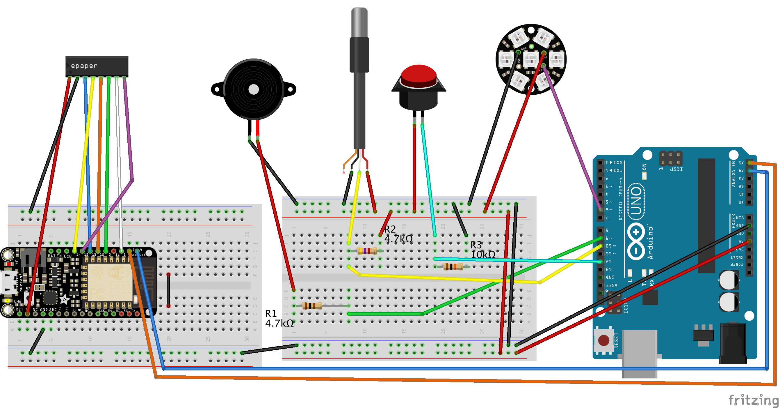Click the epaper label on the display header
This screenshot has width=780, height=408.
pyautogui.click(x=84, y=66)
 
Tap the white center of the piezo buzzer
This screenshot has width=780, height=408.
pyautogui.click(x=253, y=89)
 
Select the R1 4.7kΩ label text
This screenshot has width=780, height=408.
pyautogui.click(x=279, y=318)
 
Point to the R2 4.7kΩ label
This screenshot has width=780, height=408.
pyautogui.click(x=398, y=234)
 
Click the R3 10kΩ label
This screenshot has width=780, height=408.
pyautogui.click(x=483, y=250)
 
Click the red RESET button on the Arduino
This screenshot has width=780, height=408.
pyautogui.click(x=603, y=340)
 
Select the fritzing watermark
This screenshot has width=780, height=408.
pyautogui.click(x=753, y=400)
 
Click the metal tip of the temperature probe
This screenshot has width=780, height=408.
pyautogui.click(x=359, y=23)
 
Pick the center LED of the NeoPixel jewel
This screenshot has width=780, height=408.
pyautogui.click(x=530, y=59)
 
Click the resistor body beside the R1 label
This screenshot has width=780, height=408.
pyautogui.click(x=312, y=306)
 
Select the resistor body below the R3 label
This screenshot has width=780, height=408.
pyautogui.click(x=453, y=267)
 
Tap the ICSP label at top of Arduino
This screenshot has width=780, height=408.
pyautogui.click(x=676, y=169)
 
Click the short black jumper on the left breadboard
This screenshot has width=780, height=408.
pyautogui.click(x=168, y=290)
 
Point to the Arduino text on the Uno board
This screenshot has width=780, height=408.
pyautogui.click(x=650, y=243)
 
